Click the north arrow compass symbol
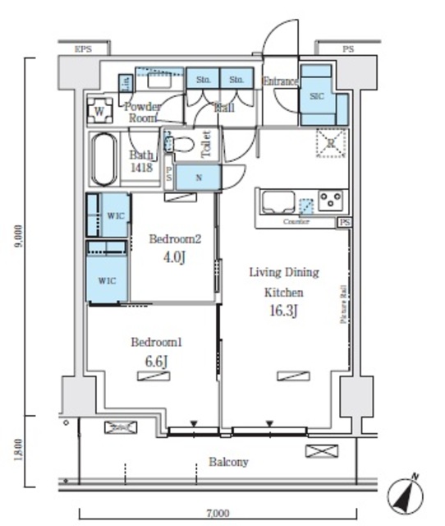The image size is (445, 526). click(406, 495)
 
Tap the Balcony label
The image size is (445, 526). click(228, 462)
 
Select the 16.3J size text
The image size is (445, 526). click(284, 312)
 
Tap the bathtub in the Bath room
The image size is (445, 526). click(104, 159)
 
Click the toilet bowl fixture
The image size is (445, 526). click(183, 146)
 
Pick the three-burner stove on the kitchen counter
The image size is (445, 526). click(332, 200)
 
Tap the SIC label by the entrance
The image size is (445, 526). click(318, 96)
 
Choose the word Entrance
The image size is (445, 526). click(280, 81)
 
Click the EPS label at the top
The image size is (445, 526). click(83, 49)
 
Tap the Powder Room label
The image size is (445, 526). click(141, 112)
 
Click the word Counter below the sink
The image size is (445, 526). click(296, 223)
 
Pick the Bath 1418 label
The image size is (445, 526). click(141, 160)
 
